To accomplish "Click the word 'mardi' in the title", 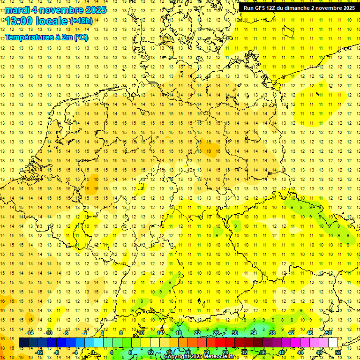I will [17, 9].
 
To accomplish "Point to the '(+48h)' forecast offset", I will [81, 21].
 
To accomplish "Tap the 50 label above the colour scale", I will [329, 333].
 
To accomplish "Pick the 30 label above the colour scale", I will [235, 333].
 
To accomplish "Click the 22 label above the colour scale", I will [197, 333].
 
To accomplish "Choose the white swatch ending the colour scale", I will [333, 343].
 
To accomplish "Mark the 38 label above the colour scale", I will [272, 333].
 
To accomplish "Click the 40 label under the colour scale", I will [282, 352].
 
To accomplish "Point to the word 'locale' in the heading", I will [51, 21].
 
